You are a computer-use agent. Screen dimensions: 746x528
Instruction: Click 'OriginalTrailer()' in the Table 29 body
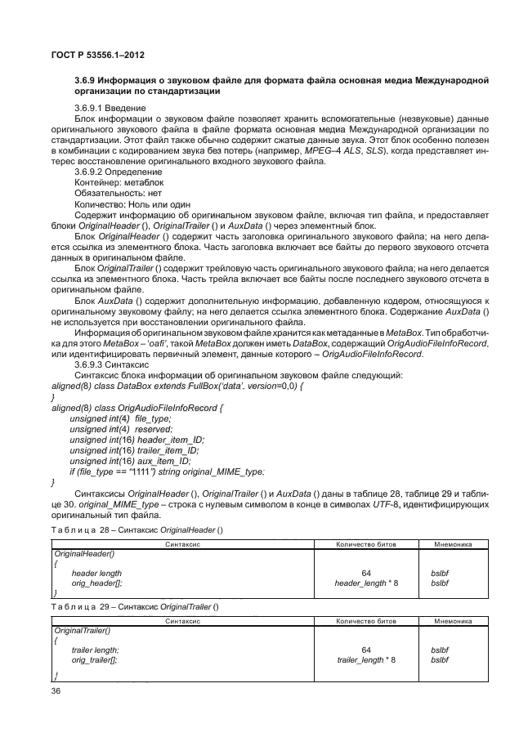(80, 631)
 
